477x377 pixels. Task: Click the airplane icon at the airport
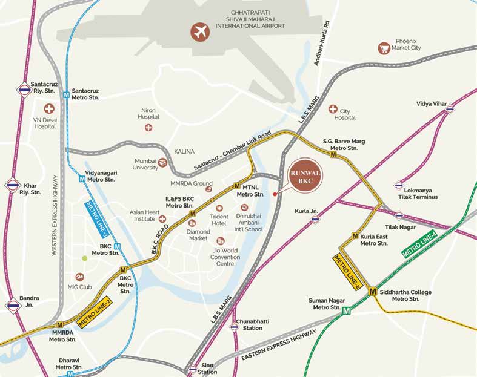pos(199,31)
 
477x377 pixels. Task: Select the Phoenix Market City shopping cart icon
pos(383,48)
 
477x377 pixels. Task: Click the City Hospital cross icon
pos(332,109)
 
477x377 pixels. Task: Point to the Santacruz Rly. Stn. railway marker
pos(24,90)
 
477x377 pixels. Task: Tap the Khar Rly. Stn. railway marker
pos(12,184)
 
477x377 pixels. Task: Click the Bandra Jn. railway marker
pos(13,306)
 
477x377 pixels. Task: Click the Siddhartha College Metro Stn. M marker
pos(373,291)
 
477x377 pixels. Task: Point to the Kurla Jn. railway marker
pos(315,219)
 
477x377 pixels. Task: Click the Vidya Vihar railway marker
pos(449,109)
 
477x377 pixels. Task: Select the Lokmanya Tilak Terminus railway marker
pos(399,185)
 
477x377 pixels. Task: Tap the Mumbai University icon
pos(162,162)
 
